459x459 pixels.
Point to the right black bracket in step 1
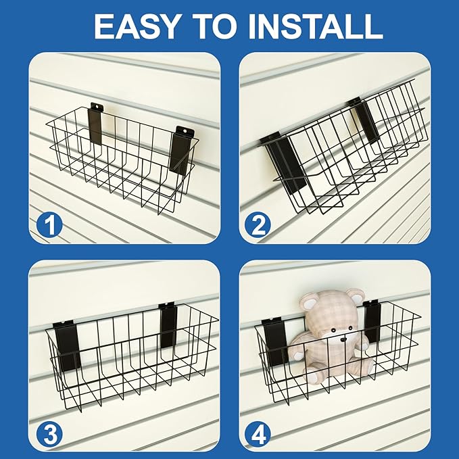(180, 150)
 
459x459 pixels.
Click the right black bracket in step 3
(167, 325)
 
